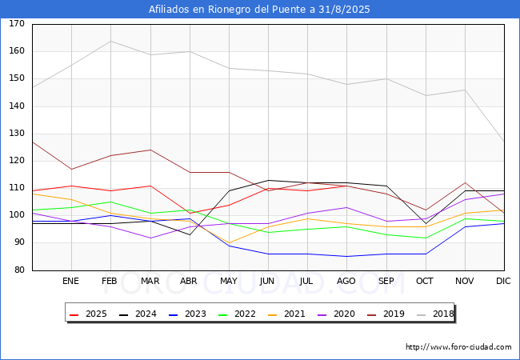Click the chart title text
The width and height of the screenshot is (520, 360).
pos(259,10)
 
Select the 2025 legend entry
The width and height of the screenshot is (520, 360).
pos(88,314)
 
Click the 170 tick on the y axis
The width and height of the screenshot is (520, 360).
pos(17,24)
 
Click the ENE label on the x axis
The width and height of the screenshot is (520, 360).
pos(71,282)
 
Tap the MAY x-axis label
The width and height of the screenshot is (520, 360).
pos(229,282)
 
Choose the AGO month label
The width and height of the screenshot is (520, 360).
pos(346,282)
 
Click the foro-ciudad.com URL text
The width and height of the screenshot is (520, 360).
pos(458,347)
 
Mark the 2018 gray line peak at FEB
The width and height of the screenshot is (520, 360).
pos(110,41)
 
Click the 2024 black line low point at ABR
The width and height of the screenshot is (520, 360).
pos(190,234)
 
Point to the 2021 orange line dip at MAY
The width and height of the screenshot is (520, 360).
pos(229,242)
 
